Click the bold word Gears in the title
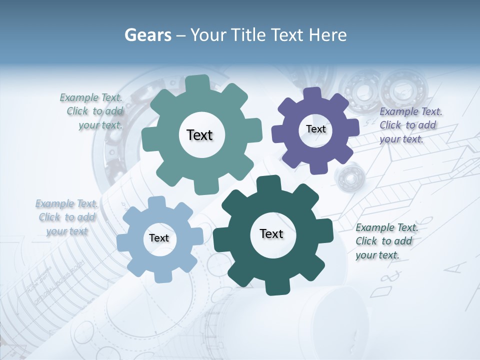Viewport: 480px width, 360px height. (x=147, y=35)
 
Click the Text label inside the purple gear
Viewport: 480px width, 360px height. (x=315, y=129)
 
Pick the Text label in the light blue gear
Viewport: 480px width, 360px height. (x=159, y=238)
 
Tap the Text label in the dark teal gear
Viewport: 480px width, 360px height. (x=271, y=233)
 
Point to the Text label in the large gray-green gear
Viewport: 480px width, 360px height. (x=200, y=135)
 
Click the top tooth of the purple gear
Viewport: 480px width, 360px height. (x=312, y=94)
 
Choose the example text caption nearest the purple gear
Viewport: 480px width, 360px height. (x=410, y=125)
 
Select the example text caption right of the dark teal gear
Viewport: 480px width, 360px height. (x=386, y=241)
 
